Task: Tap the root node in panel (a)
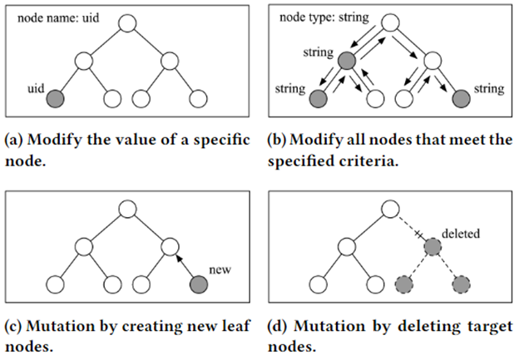click(126, 22)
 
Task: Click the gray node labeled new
click(198, 286)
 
